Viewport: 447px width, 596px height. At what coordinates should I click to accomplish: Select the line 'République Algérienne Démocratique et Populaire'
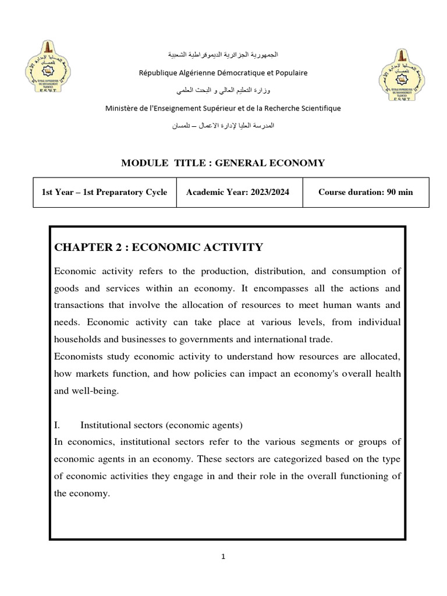pos(223,73)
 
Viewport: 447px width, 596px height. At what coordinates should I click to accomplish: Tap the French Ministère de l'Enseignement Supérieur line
pos(223,108)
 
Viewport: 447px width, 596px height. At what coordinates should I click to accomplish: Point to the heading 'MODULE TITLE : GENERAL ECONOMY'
pos(223,163)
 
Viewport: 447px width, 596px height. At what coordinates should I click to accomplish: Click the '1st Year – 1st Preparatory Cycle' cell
pos(104,192)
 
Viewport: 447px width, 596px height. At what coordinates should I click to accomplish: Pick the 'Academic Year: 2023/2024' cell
pos(239,192)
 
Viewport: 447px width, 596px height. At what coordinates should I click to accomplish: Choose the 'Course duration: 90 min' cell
pos(366,192)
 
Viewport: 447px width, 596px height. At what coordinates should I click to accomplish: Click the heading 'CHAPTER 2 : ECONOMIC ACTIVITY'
pos(158,247)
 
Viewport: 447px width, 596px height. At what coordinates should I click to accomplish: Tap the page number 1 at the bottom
pos(223,556)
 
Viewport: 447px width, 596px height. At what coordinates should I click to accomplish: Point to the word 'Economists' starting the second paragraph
pos(76,356)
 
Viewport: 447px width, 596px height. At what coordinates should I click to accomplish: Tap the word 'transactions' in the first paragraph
pos(80,305)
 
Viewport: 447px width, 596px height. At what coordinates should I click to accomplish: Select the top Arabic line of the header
pos(223,55)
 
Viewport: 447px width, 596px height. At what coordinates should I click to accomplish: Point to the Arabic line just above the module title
pos(223,126)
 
